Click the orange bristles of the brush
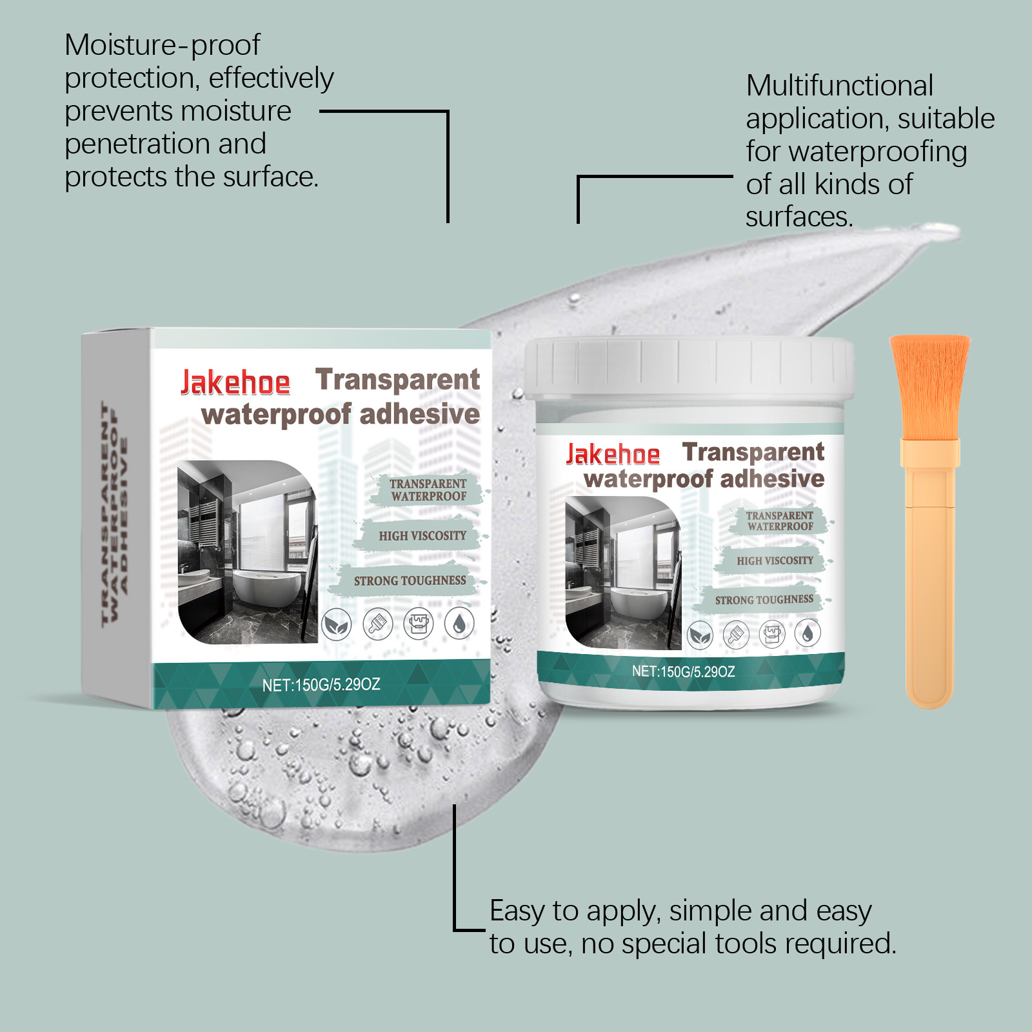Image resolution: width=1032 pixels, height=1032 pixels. click(x=929, y=387)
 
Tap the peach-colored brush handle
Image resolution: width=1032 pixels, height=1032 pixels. click(x=929, y=580)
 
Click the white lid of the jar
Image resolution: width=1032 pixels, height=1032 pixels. click(x=689, y=368)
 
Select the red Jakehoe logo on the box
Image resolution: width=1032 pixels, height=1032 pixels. click(x=235, y=382)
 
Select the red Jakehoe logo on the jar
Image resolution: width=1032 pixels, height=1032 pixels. click(x=613, y=455)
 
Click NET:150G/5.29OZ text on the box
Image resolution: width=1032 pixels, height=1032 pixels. click(x=321, y=684)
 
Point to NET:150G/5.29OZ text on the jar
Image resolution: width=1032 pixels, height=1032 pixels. click(x=683, y=671)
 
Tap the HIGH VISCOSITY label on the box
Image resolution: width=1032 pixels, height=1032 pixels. click(x=422, y=536)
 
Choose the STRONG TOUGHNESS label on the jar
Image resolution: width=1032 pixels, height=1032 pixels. click(x=764, y=600)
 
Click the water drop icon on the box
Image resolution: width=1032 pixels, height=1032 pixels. click(x=459, y=624)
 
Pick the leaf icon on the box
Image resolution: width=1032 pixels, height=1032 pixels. click(x=336, y=624)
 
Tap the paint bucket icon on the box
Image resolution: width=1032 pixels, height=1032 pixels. click(x=419, y=624)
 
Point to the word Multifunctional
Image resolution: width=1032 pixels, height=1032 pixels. click(x=839, y=86)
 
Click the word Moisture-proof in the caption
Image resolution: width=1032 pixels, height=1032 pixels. click(x=162, y=45)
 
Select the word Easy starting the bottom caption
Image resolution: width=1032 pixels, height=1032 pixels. click(x=517, y=911)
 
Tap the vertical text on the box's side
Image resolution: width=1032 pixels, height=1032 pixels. click(x=115, y=513)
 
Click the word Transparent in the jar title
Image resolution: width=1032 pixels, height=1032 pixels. click(x=753, y=452)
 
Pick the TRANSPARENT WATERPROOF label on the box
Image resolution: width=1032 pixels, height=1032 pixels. click(x=428, y=490)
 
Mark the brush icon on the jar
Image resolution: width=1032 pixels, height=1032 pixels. click(x=736, y=635)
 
